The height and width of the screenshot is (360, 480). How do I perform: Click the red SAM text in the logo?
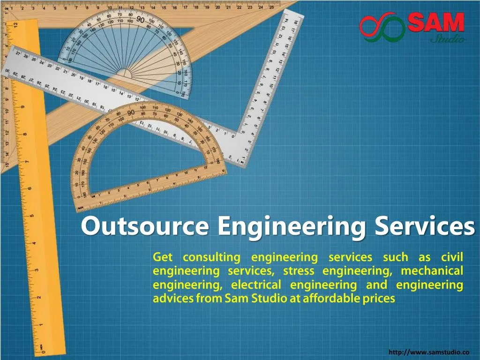click(435, 22)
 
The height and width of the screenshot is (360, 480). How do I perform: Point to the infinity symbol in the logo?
click(382, 29)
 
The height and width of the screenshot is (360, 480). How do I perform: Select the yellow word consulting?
click(211, 257)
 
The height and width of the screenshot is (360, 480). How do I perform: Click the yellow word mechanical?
click(432, 271)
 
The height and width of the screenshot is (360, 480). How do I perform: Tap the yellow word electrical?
click(256, 285)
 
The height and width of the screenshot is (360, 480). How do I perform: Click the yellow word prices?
click(379, 299)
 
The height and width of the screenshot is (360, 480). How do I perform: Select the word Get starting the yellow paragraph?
click(163, 257)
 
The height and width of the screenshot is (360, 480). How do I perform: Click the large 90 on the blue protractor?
click(140, 19)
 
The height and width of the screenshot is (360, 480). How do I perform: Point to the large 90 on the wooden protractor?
click(131, 112)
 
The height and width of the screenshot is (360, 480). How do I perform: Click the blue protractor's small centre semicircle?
click(125, 74)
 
